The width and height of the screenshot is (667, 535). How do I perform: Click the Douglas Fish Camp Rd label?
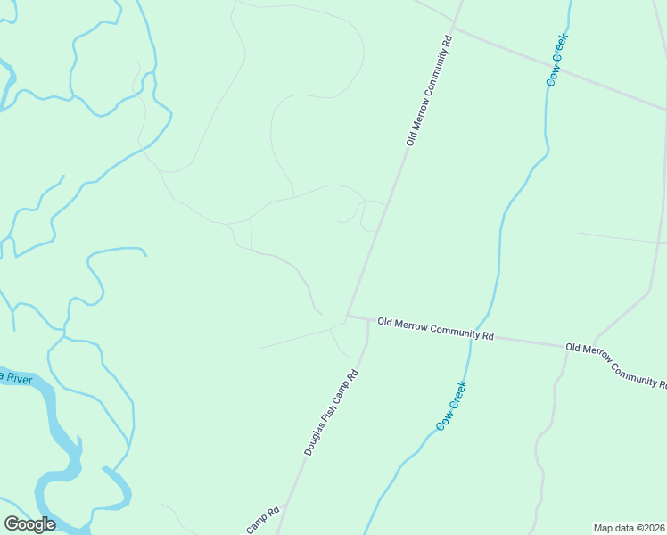(331, 413)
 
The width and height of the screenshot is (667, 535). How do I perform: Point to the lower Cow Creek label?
(452, 407)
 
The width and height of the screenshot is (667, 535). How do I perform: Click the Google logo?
(29, 524)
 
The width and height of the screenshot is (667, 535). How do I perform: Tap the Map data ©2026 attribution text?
(630, 527)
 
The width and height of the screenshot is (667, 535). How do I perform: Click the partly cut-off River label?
(16, 378)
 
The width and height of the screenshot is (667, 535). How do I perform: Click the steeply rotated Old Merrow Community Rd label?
(430, 92)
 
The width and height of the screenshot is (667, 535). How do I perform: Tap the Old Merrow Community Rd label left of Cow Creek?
(435, 328)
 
